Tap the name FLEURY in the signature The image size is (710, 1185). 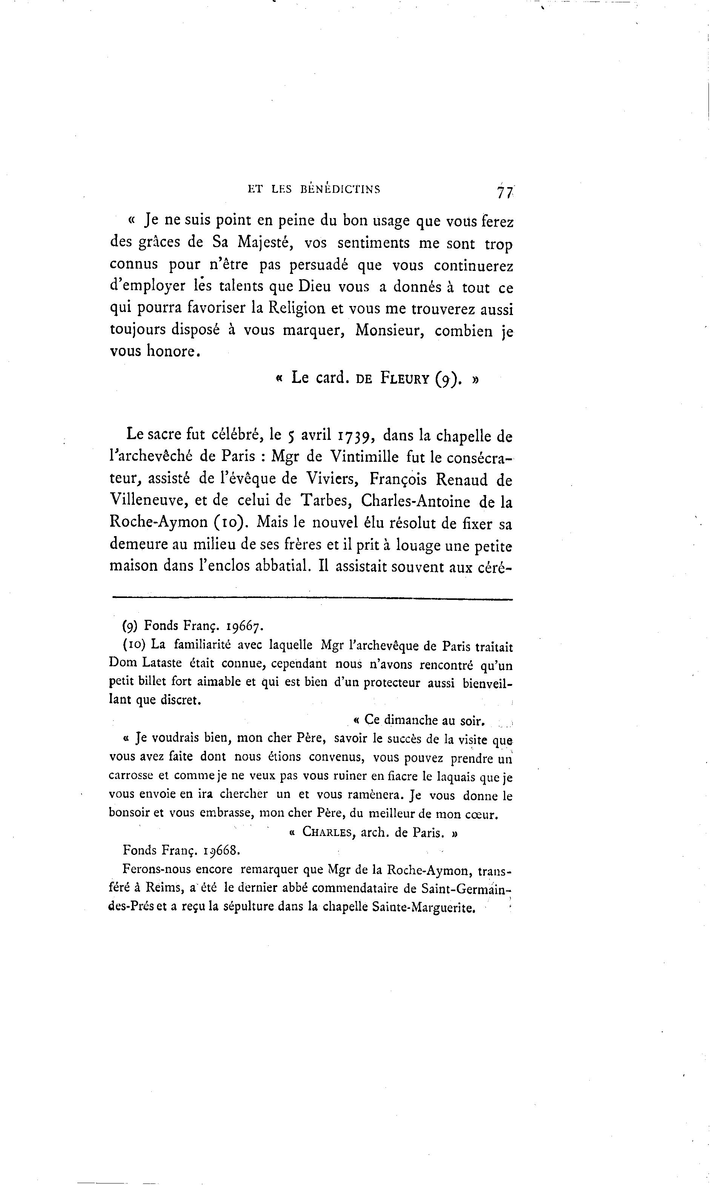coord(405,378)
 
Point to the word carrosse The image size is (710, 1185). coord(131,776)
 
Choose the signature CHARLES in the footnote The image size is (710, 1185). coord(328,832)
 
